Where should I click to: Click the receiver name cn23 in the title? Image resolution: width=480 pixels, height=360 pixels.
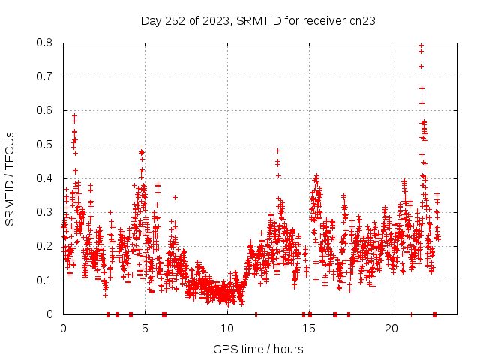pyautogui.click(x=361, y=20)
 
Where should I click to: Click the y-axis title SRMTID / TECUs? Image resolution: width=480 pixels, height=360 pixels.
pyautogui.click(x=10, y=178)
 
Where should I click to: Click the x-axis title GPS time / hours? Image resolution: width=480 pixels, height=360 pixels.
pyautogui.click(x=258, y=349)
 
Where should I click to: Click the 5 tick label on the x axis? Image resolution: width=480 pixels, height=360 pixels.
pyautogui.click(x=145, y=328)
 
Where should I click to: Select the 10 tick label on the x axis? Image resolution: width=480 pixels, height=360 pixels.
pyautogui.click(x=227, y=328)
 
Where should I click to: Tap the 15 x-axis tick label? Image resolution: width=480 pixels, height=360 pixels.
pyautogui.click(x=310, y=328)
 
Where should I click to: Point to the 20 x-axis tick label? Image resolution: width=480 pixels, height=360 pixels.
pyautogui.click(x=391, y=328)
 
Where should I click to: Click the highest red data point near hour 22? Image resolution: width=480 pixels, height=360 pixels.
pyautogui.click(x=421, y=46)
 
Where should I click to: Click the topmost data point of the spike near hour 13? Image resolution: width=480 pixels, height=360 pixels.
pyautogui.click(x=277, y=151)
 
